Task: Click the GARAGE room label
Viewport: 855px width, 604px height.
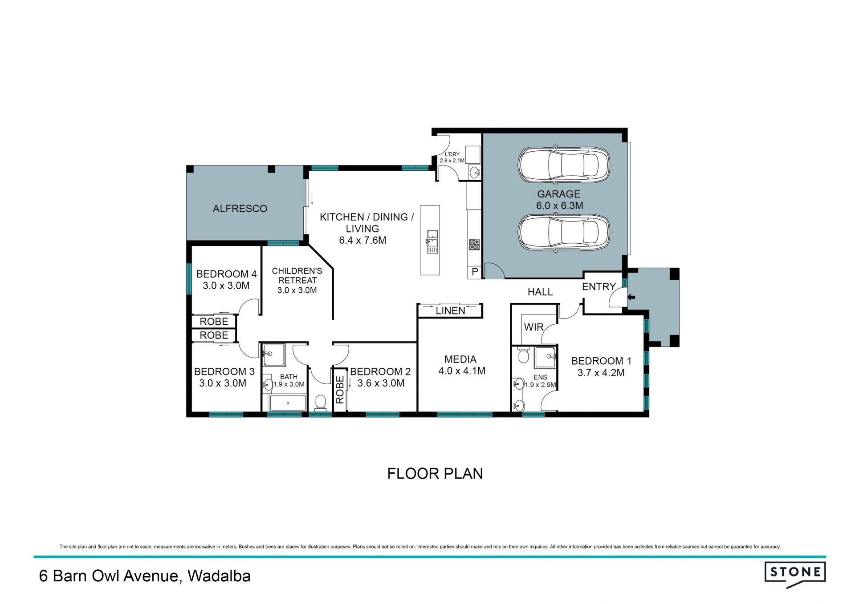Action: tap(558, 194)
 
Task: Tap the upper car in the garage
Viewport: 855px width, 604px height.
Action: tap(564, 165)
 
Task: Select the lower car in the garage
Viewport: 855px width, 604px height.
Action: tap(564, 233)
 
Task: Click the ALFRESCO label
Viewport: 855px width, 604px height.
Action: tap(240, 209)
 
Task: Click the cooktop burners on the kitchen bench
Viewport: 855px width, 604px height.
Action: tap(474, 245)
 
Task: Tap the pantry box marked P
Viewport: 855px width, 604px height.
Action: tap(475, 272)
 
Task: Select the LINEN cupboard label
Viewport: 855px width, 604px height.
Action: tap(450, 310)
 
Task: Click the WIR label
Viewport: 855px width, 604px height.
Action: tap(533, 327)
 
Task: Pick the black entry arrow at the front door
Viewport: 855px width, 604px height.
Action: tap(631, 297)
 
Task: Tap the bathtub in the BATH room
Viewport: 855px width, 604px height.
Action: tap(288, 403)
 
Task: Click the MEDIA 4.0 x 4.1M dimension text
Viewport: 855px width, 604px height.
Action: tap(462, 371)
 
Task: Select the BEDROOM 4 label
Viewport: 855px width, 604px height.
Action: tap(226, 274)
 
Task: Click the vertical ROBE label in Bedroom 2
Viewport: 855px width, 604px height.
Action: tap(340, 390)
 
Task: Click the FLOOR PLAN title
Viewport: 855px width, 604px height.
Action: tap(435, 474)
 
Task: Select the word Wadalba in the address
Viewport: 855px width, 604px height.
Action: tap(219, 576)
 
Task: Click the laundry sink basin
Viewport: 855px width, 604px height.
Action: tap(474, 171)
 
